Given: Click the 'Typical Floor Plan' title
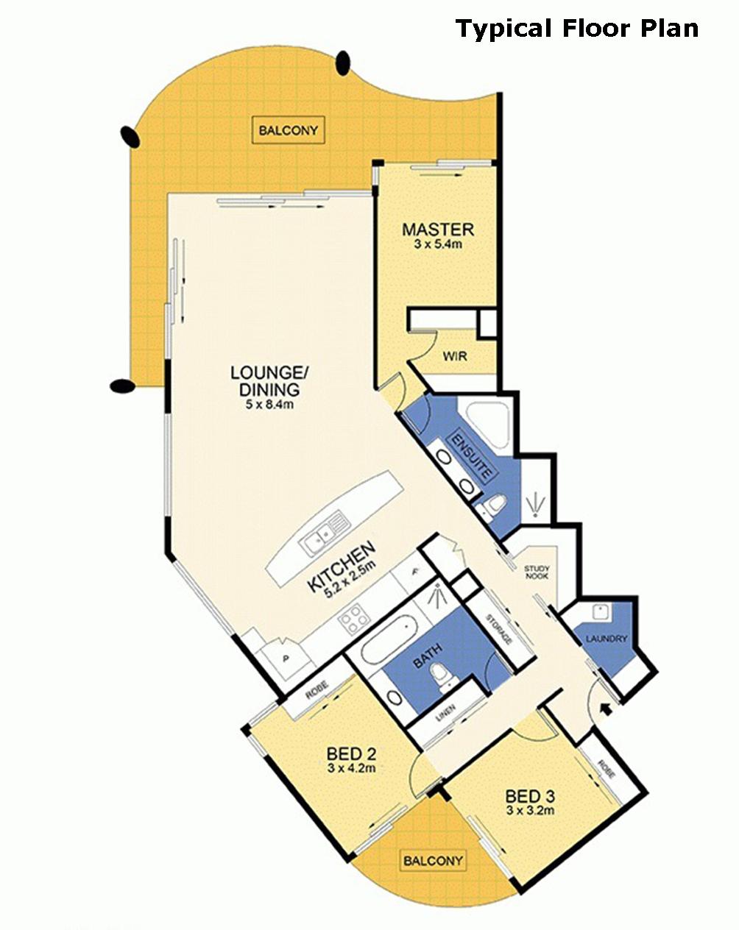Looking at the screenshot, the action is pyautogui.click(x=577, y=29).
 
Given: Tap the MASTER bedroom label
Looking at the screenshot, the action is pyautogui.click(x=438, y=230).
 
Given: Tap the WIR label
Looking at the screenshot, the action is pyautogui.click(x=455, y=357).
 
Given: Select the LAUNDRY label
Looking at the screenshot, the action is pyautogui.click(x=607, y=639).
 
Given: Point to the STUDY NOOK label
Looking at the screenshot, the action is pyautogui.click(x=537, y=572).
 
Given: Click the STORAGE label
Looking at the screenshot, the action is pyautogui.click(x=499, y=629).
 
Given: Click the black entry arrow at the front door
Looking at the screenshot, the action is pyautogui.click(x=607, y=709).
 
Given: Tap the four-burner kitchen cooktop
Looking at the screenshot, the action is pyautogui.click(x=354, y=619).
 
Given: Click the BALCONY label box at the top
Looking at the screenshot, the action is pyautogui.click(x=288, y=130).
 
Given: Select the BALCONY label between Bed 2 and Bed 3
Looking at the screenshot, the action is pyautogui.click(x=433, y=859).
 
